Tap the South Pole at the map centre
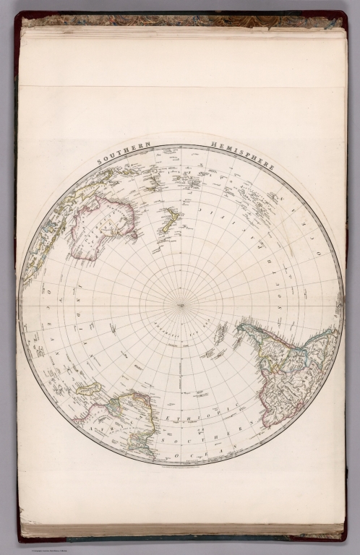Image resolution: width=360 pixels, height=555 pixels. pos(181,305)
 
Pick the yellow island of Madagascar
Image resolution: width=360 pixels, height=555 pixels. pos(89,389)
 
